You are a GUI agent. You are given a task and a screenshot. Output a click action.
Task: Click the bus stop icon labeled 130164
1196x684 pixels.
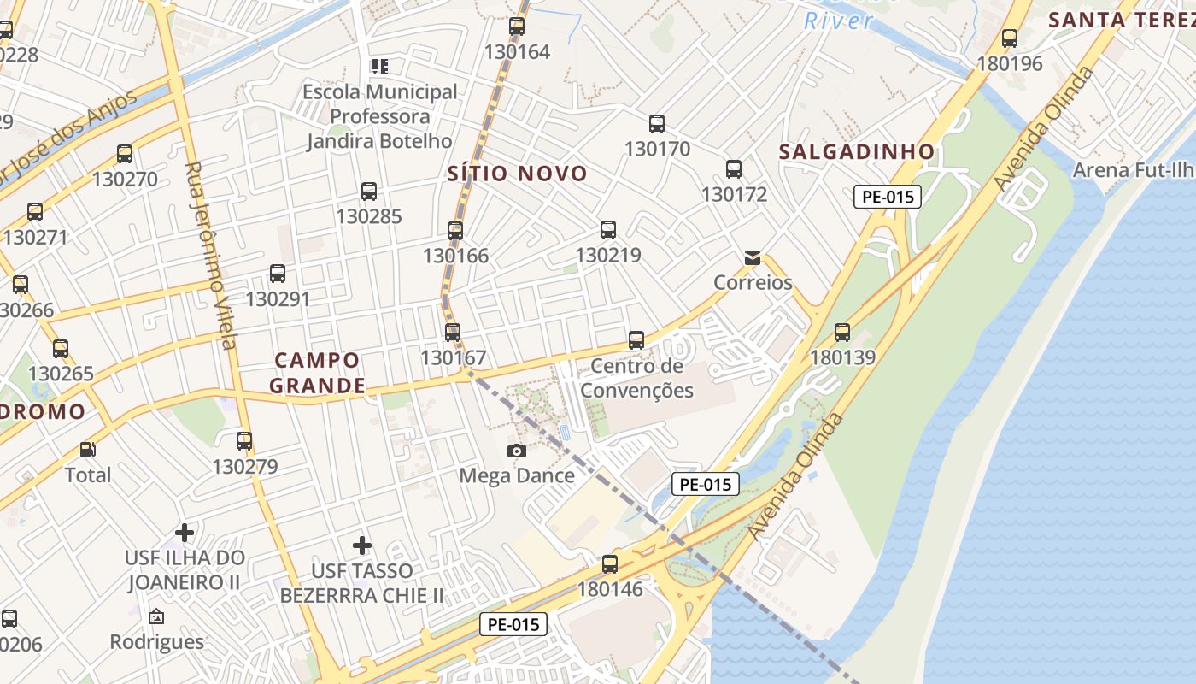tap(517, 27)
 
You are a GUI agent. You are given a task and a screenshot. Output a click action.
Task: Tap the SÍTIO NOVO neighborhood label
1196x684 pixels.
tap(518, 174)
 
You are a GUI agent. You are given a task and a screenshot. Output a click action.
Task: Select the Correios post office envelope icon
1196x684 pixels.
tap(753, 257)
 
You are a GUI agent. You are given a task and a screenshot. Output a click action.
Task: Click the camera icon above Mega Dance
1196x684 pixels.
tap(516, 451)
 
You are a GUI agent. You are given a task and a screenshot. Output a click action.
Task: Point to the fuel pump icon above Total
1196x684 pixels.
tap(87, 449)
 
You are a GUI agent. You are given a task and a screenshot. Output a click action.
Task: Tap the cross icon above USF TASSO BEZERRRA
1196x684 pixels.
tap(362, 545)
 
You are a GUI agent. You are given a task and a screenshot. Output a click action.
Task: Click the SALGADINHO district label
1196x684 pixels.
tap(857, 151)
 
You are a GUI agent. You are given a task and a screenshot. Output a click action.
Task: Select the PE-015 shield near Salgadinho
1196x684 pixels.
tap(888, 197)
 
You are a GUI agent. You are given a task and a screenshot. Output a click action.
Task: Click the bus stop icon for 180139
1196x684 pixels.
tap(842, 332)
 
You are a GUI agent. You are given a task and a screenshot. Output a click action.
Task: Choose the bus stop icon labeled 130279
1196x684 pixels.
tap(244, 441)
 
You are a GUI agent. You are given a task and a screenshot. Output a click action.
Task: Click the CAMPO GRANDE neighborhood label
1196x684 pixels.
tap(318, 373)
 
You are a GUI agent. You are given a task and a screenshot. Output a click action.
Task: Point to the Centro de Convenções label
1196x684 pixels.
tap(642, 379)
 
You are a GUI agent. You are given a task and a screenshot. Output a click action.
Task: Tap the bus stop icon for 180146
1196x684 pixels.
tap(610, 563)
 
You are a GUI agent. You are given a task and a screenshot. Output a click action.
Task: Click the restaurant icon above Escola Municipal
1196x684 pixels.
tap(379, 66)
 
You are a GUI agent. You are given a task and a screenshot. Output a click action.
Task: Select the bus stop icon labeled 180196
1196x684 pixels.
tap(1010, 38)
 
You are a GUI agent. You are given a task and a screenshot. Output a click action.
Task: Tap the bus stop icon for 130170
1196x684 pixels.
tap(657, 123)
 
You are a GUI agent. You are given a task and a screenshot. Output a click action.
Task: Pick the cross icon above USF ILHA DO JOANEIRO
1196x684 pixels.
tap(185, 533)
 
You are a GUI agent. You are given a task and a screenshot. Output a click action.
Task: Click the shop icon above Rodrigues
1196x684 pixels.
tap(156, 616)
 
